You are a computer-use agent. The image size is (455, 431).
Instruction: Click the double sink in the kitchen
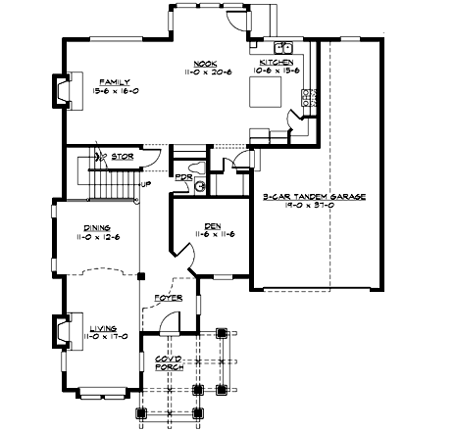(x=285, y=46)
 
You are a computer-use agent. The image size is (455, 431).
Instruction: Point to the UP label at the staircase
(x=146, y=184)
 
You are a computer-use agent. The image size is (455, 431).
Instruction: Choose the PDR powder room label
(x=182, y=177)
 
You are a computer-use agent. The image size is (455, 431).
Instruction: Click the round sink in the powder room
(x=199, y=183)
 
